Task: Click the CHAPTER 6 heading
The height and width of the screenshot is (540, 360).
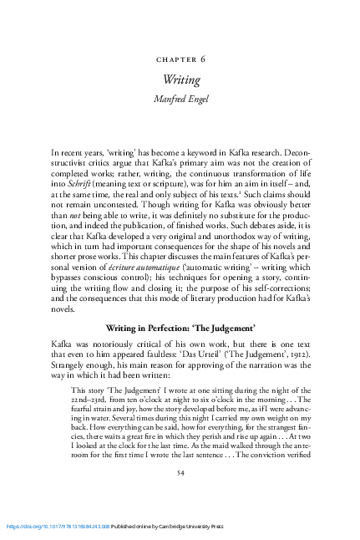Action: click(179, 60)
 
